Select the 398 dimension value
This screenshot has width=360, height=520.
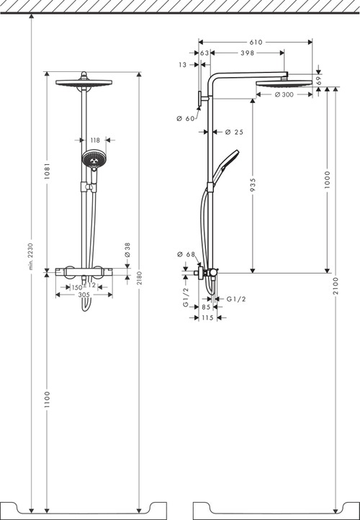pos(248,53)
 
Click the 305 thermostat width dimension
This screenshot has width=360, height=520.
pos(84,294)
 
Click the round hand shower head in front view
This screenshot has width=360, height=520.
pos(92,159)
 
